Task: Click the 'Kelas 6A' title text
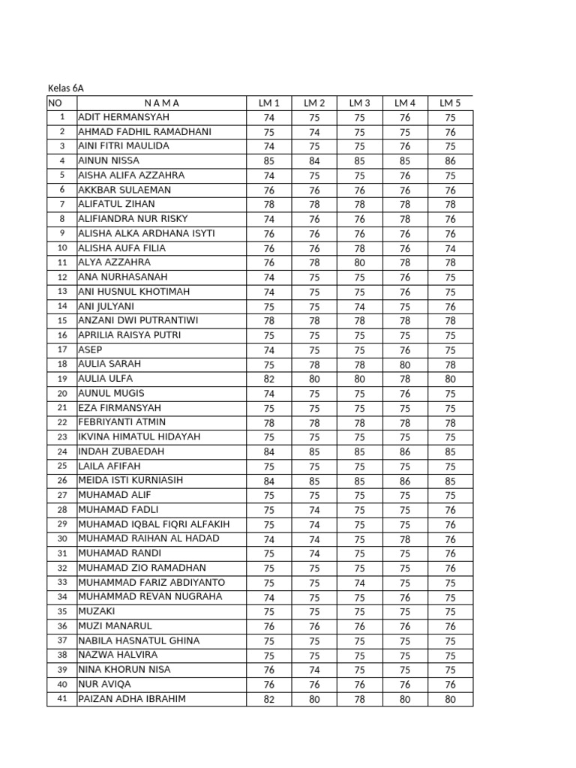pos(66,88)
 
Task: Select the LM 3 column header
pos(359,103)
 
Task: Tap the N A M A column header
pos(161,103)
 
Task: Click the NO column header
pos(55,103)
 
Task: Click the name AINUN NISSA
pos(109,160)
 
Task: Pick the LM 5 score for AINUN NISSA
pos(450,160)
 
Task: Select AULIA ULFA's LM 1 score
pos(269,379)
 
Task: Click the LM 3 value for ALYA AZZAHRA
pos(359,262)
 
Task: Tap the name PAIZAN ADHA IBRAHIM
pos(132,699)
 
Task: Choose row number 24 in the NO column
pos(62,451)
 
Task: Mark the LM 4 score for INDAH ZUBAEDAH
pos(405,451)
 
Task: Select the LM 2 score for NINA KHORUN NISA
pos(314,670)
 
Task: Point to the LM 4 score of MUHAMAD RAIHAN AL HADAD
pos(405,539)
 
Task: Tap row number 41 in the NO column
pos(62,699)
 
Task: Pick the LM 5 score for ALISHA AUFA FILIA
pos(450,248)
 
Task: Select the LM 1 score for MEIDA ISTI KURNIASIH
pos(269,481)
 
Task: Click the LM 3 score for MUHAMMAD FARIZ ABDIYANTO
pos(359,583)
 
